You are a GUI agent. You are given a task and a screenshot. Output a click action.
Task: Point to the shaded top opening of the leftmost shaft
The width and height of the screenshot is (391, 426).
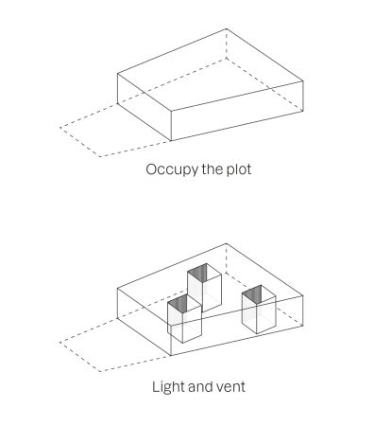(178, 303)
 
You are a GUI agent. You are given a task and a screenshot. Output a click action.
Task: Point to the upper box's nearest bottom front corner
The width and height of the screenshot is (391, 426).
(171, 141)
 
